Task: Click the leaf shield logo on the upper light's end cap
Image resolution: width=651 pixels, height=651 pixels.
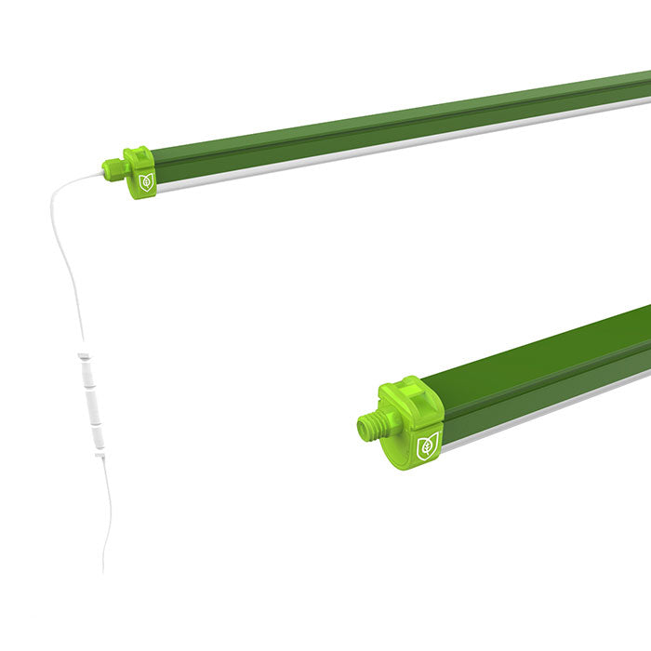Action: click(x=144, y=183)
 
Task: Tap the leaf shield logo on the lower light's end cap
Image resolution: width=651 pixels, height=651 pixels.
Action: click(x=429, y=444)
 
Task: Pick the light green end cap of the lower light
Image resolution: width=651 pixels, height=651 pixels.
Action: click(x=415, y=423)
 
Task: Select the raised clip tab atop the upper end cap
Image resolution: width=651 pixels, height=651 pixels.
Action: click(x=134, y=151)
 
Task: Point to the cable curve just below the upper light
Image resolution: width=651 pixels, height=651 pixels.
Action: click(x=60, y=200)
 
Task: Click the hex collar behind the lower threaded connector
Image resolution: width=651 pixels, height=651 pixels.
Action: click(x=391, y=424)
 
